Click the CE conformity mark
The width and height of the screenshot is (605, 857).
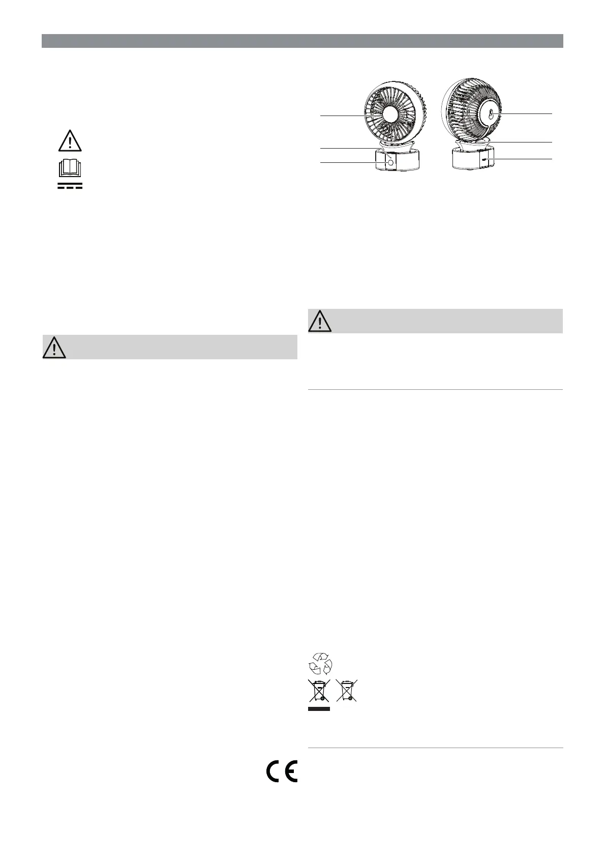click(282, 771)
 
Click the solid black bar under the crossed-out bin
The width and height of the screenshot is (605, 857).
click(319, 709)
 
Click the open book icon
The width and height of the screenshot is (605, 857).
click(70, 167)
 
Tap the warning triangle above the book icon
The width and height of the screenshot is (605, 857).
click(70, 141)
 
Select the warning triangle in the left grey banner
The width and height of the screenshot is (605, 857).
click(54, 348)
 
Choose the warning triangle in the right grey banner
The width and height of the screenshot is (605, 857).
click(320, 321)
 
